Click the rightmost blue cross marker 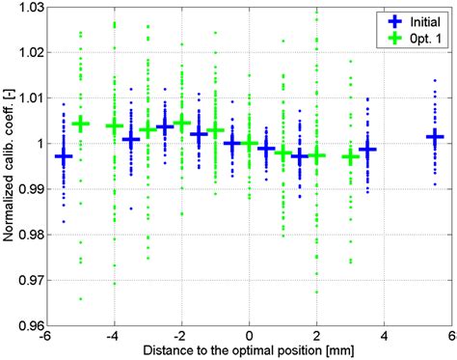pyautogui.click(x=435, y=137)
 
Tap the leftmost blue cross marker pyautogui.click(x=64, y=155)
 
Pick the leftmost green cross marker pyautogui.click(x=81, y=124)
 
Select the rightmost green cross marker pyautogui.click(x=351, y=156)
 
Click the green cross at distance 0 pyautogui.click(x=250, y=144)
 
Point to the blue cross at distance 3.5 pyautogui.click(x=367, y=150)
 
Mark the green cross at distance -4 pyautogui.click(x=115, y=126)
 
